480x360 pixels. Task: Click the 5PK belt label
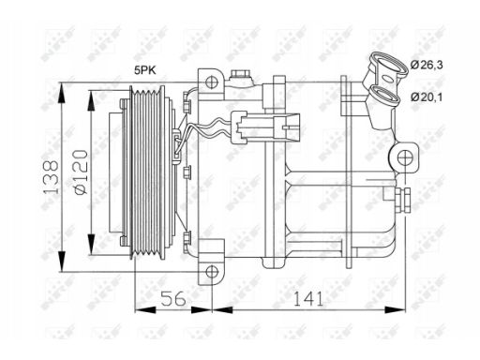(x=145, y=70)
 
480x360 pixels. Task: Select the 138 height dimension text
(x=51, y=177)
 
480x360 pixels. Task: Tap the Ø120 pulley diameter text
(x=81, y=172)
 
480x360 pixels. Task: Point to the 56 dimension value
(x=173, y=298)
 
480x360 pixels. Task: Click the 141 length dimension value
(x=307, y=298)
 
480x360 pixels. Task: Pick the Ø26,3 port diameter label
(x=427, y=65)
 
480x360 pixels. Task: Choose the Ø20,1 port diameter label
(x=427, y=97)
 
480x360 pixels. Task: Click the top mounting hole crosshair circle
(x=212, y=82)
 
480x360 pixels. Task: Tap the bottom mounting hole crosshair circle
(x=212, y=272)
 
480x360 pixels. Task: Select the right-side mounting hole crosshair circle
(x=404, y=157)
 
